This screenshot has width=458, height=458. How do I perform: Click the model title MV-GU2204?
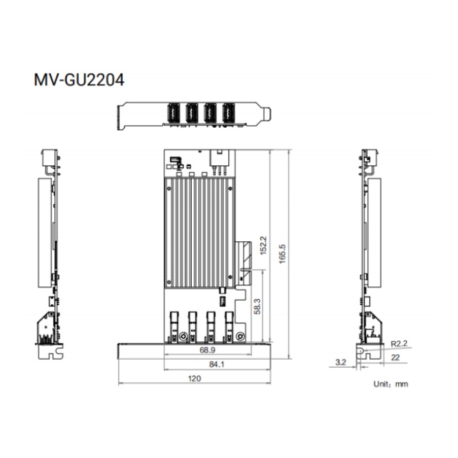tap(79, 80)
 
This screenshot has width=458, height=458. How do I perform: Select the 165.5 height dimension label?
tap(283, 254)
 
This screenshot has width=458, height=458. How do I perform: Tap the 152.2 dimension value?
tap(263, 245)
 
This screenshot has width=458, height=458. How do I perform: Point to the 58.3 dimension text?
tap(257, 307)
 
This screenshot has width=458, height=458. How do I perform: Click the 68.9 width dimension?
tap(208, 350)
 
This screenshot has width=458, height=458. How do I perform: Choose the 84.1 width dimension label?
tap(217, 364)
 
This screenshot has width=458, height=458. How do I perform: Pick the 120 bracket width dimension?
tap(194, 379)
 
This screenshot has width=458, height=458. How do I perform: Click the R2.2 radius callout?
tap(399, 343)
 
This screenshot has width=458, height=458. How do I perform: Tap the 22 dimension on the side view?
tap(395, 357)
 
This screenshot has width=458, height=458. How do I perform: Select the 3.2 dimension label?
tap(341, 363)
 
